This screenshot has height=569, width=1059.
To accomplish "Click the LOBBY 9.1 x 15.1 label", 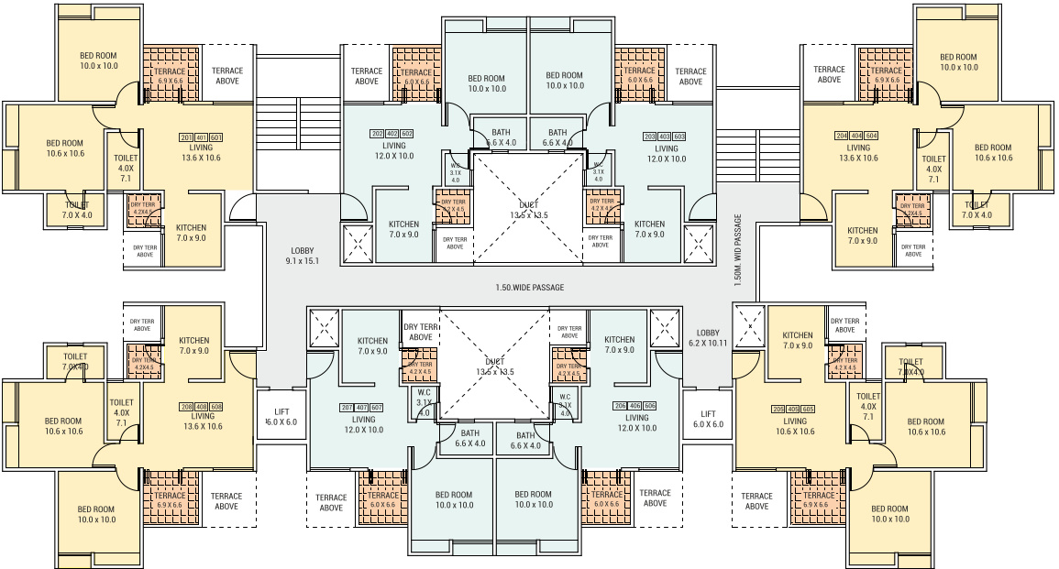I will click(x=303, y=255).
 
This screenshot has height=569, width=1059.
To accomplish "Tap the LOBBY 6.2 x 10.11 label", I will click(x=708, y=338).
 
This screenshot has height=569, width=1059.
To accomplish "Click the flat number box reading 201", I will click(x=186, y=137).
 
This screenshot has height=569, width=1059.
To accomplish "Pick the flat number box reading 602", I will click(x=407, y=135).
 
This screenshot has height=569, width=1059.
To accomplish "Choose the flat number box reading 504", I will click(x=872, y=136).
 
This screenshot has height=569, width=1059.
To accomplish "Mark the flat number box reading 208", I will click(x=188, y=406).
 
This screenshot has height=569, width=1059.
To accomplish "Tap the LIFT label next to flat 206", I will click(x=708, y=419).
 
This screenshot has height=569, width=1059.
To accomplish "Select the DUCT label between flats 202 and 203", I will click(x=528, y=210).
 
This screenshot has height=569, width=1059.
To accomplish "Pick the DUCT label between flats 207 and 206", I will click(x=495, y=366).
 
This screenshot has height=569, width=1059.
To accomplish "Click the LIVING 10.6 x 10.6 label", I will click(x=795, y=426).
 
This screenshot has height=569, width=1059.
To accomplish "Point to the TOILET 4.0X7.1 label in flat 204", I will click(x=933, y=169).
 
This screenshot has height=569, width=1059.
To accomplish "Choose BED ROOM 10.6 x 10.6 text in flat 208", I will click(x=63, y=426).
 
